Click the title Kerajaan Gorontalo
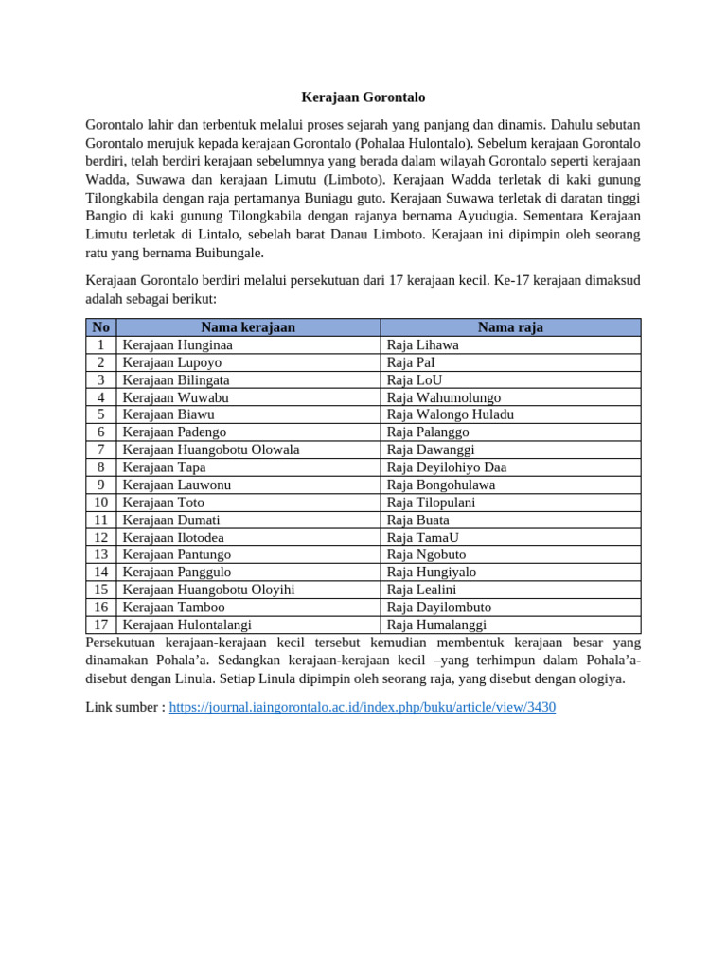coord(363,97)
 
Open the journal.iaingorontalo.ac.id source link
coord(362,707)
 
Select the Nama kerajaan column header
coord(248,327)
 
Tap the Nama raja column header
coord(510,327)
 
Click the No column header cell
coord(101,327)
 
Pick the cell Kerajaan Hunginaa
coord(178,345)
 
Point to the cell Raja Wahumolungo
coord(444,397)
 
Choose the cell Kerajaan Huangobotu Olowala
coord(211,449)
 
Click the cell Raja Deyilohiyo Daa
coord(447,467)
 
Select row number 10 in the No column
coord(101,502)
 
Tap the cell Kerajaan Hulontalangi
coord(187,625)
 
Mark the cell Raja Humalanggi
coord(436,625)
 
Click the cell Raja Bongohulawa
coord(441,484)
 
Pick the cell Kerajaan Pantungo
coord(177,555)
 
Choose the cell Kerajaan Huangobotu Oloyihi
coord(209,590)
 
